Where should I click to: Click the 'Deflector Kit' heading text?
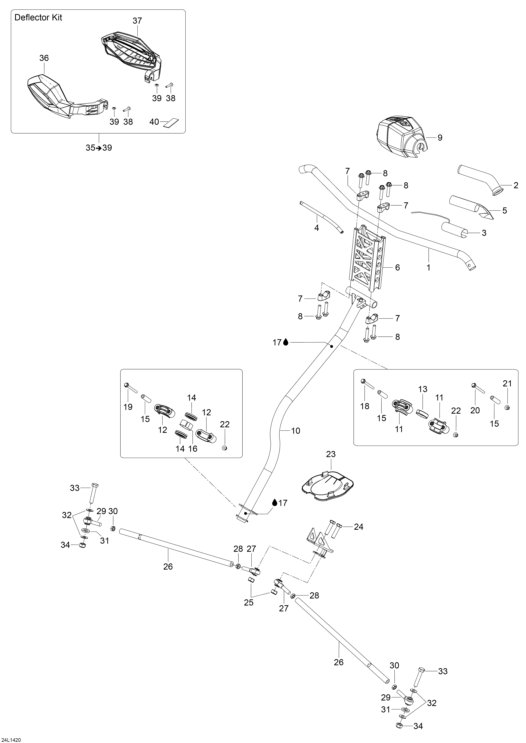coord(38,18)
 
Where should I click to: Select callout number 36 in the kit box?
coord(44,58)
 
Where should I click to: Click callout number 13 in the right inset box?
coord(423,389)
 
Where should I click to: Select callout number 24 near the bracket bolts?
coord(359,527)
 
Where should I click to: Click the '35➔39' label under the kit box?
coord(99,148)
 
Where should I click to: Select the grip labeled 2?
coord(479,181)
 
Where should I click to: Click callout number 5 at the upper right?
coord(505,211)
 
